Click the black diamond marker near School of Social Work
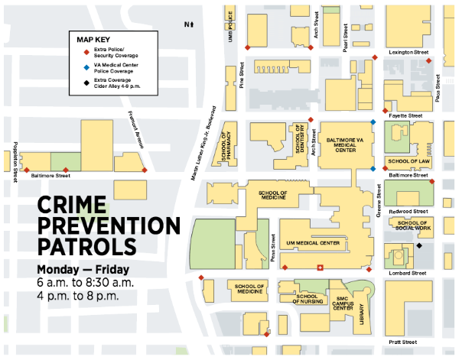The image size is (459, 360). click(x=419, y=246)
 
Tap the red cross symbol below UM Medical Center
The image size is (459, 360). click(x=320, y=268)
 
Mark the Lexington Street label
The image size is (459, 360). click(x=409, y=52)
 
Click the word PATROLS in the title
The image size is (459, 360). click(x=87, y=247)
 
